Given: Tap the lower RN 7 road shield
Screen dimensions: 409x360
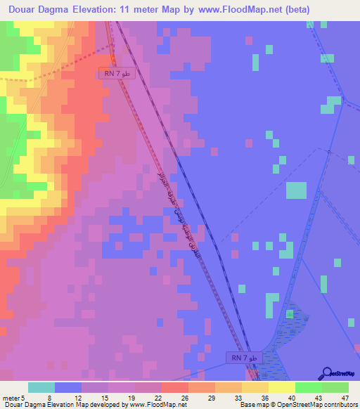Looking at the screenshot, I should tap(244, 358).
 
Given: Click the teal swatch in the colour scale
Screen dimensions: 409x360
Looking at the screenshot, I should tap(41, 387).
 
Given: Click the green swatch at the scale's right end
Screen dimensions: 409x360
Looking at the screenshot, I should tap(335, 387).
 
